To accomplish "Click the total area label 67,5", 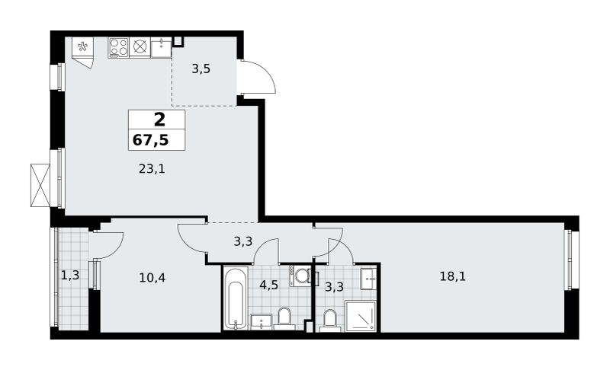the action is point(150,140).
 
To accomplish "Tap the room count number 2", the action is point(159,120).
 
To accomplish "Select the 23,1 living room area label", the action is point(152,169).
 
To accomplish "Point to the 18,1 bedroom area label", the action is point(453,276).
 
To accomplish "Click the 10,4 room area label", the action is point(152,278).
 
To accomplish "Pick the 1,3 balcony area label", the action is point(70,276).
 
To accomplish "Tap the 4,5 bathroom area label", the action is point(269,285).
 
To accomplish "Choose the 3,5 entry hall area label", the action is point(201,69).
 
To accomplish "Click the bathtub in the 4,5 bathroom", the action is point(236,298).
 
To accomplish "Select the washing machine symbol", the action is point(300,276).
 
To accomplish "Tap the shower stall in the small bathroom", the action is point(361,317).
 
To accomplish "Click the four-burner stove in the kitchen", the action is point(119,47).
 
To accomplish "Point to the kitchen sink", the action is point(161,48).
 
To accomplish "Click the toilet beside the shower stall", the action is point(330,321).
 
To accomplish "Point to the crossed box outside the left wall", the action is point(40,185).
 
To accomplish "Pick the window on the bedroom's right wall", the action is point(570,260).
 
